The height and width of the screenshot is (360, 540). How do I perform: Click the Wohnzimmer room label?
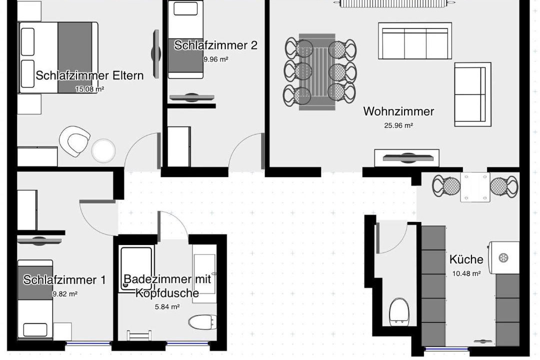[x=398, y=111]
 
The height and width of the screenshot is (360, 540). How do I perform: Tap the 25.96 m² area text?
[x=398, y=125]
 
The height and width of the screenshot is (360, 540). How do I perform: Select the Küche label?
[x=466, y=259]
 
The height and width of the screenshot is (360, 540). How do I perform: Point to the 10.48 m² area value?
[x=466, y=273]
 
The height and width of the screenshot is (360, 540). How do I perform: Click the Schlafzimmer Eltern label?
[x=89, y=75]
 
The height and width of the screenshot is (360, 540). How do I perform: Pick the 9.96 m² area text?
[x=216, y=59]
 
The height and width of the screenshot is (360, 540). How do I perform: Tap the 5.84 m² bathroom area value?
[x=167, y=306]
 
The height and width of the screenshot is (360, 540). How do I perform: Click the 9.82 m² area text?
[x=64, y=294]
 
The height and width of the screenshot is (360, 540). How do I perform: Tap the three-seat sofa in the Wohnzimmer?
[x=415, y=41]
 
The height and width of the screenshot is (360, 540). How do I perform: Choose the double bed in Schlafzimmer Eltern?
[x=58, y=57]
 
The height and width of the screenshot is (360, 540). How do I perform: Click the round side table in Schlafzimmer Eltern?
[x=103, y=150]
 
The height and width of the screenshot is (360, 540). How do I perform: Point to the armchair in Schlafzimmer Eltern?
[x=74, y=141]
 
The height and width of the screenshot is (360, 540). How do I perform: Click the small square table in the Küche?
[x=475, y=187]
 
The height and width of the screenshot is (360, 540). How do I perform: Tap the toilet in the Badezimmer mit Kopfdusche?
[x=203, y=322]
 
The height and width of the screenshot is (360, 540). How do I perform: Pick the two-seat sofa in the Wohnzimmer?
[x=473, y=94]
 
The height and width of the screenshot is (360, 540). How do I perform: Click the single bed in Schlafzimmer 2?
[x=185, y=40]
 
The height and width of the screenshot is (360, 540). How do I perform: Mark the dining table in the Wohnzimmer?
[x=317, y=72]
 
